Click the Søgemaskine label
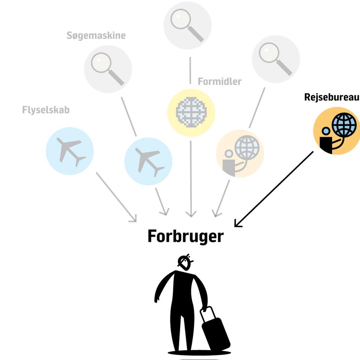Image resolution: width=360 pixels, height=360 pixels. [x=96, y=36]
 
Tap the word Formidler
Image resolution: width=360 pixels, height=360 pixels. [x=219, y=81]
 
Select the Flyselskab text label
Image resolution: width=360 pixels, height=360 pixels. [x=46, y=110]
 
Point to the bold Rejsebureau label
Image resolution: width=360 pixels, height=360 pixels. [x=331, y=97]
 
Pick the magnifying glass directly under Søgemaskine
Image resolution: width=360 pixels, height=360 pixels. [x=108, y=69]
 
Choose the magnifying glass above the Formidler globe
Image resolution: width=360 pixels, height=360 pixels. [x=187, y=25]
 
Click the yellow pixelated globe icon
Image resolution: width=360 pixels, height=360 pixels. [x=191, y=113]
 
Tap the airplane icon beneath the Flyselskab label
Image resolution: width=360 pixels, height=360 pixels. [x=70, y=151]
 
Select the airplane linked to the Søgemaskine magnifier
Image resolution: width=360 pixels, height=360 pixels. [x=148, y=161]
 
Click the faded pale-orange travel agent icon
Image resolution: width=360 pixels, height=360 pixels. [x=240, y=153]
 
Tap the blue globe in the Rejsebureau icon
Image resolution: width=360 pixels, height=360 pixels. [x=344, y=124]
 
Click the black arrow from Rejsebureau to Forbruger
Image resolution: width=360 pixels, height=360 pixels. [x=274, y=189]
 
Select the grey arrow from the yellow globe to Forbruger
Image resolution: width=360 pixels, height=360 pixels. [x=191, y=179]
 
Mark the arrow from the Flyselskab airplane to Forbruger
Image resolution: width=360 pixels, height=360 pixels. [x=116, y=197]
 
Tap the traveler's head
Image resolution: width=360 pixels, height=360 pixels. [x=185, y=263]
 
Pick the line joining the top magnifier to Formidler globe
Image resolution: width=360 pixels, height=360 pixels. [x=190, y=70]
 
